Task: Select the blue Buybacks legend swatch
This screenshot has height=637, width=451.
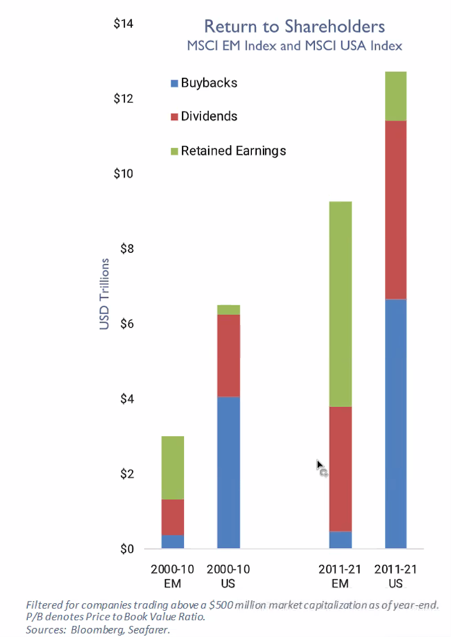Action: click(173, 84)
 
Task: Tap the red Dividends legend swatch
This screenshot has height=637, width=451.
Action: click(173, 117)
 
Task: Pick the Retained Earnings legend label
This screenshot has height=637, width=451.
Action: click(233, 150)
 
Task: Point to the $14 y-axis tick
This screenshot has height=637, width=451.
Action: click(124, 24)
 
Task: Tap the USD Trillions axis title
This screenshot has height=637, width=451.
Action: click(104, 294)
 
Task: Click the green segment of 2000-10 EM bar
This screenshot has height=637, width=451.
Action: click(173, 468)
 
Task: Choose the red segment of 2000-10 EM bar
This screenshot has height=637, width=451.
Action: click(173, 516)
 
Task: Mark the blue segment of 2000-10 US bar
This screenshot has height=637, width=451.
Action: click(228, 473)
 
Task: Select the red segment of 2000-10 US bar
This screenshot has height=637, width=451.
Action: click(228, 355)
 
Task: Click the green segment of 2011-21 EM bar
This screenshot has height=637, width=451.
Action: click(340, 304)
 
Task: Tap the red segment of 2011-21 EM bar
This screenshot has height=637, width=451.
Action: click(340, 468)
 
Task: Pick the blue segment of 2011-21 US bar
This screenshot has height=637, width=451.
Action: click(395, 424)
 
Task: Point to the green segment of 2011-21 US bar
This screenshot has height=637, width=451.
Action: click(395, 96)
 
